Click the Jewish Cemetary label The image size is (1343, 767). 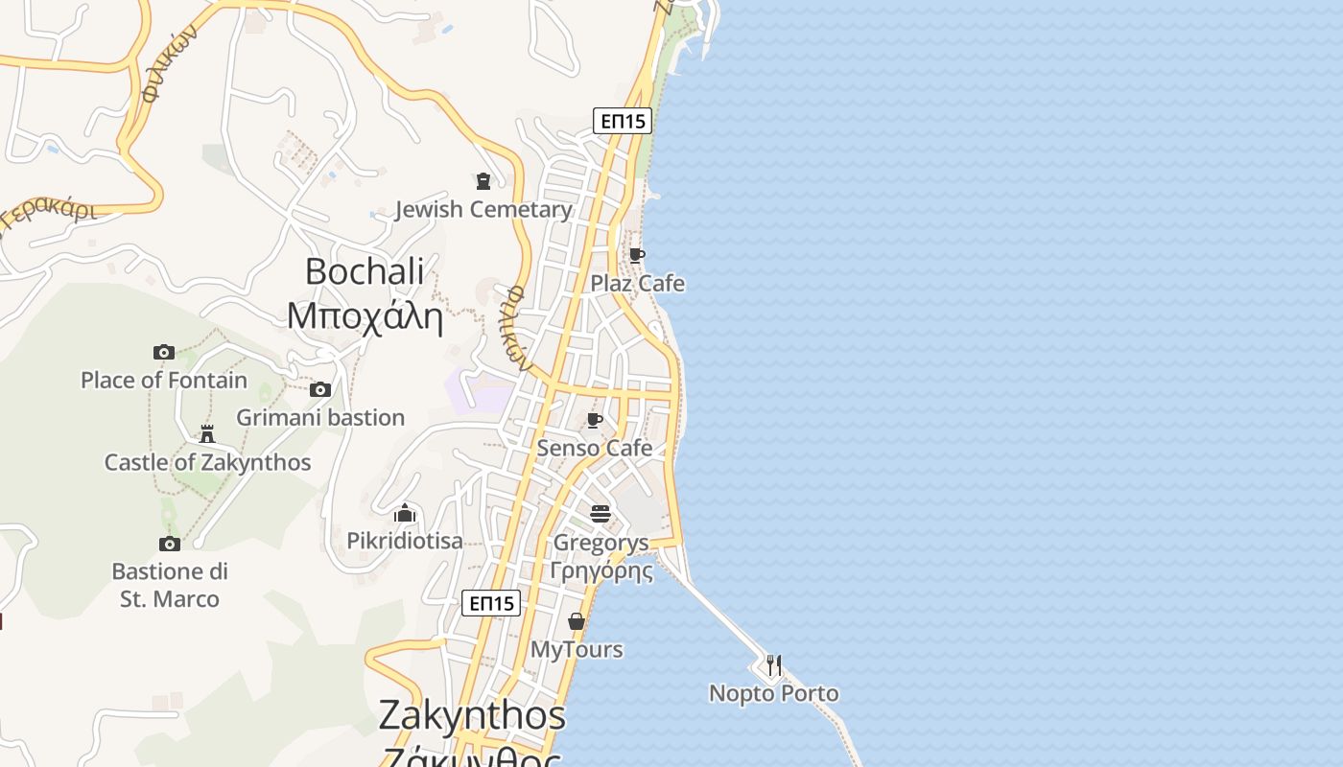[x=483, y=209]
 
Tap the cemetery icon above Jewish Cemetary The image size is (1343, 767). [x=483, y=180]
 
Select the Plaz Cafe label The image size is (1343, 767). [x=637, y=283]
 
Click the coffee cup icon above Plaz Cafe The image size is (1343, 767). [x=636, y=255]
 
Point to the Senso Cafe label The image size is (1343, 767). [x=595, y=448]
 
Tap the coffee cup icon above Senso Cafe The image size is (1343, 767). [x=595, y=420]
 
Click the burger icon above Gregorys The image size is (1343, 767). [x=601, y=514]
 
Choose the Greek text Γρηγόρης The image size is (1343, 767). [x=601, y=571]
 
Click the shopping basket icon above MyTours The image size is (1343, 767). [x=577, y=621]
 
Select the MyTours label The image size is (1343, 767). [x=577, y=649]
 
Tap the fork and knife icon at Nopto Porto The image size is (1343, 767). [x=773, y=664]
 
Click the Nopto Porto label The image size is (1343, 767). [x=773, y=692]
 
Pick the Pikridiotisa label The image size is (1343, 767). [x=405, y=541]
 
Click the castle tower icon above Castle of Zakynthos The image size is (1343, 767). [x=207, y=434]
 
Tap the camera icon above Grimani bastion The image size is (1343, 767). [x=320, y=389]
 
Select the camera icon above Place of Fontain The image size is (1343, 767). [x=164, y=352]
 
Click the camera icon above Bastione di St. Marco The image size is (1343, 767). [x=170, y=544]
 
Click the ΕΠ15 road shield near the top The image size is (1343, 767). [x=623, y=121]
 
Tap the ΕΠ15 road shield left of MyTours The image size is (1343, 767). [x=491, y=603]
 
